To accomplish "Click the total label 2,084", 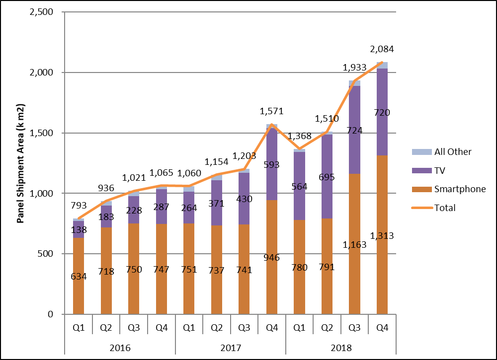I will pos(382,49).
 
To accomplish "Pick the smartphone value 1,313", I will pos(382,236).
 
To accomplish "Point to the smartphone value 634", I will pos(79,277).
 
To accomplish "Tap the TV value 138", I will pos(79,229).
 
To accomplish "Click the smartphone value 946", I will pos(272,258).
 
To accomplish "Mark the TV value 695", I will pos(327,177).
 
